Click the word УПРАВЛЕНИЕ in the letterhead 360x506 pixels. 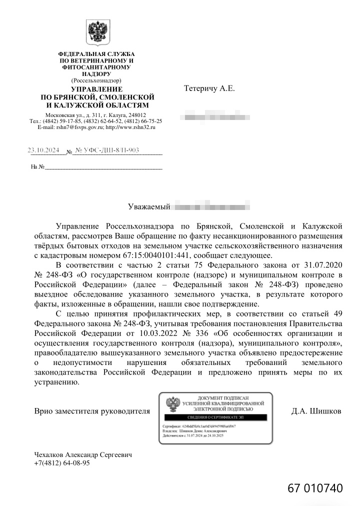point(96,88)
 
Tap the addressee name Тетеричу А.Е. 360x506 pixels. point(209,88)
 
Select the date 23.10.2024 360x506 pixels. point(43,149)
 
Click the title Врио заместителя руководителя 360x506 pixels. point(92,411)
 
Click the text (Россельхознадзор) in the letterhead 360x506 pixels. point(96,80)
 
